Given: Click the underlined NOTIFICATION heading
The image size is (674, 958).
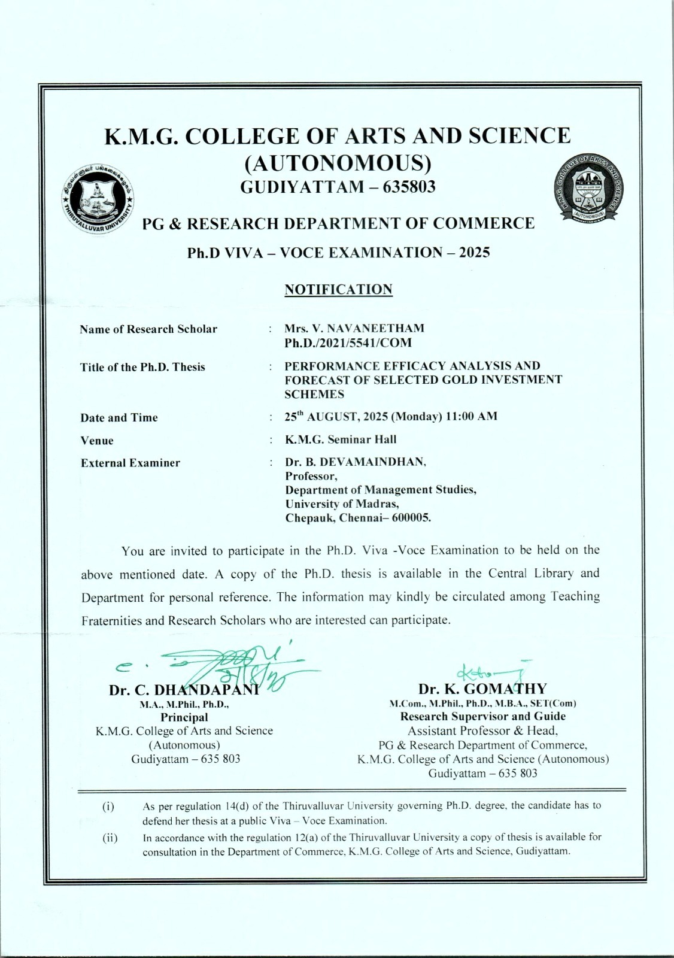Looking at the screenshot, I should pos(338,290).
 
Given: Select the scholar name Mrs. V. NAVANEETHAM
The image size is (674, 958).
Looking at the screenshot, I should pos(354,328).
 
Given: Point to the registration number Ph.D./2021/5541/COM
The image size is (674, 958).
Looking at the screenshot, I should pos(348,343).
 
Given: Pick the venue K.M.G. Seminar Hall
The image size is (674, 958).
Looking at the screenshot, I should pos(341,439).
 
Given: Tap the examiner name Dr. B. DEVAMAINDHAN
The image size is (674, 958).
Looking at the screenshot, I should pos(356,462).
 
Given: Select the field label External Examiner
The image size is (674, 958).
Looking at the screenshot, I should pos(130,463).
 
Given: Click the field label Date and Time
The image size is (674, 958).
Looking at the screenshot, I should pos(119,418).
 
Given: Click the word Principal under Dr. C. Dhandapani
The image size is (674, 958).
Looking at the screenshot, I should pos(184,717).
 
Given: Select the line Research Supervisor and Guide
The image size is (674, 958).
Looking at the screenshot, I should pos(483,716).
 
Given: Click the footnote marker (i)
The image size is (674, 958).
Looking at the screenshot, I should pos(108,806).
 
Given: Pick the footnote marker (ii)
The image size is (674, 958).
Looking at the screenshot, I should pos(110,837).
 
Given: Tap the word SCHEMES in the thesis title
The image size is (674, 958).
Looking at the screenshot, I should pos(314,394).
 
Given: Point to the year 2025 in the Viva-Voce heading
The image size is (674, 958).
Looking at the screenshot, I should pos(474,252).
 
